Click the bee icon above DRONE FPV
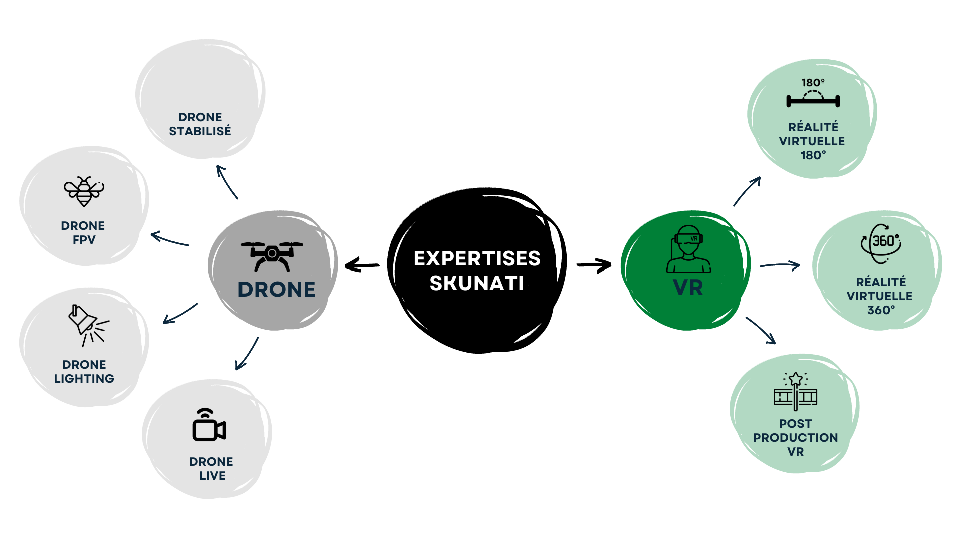[84, 191]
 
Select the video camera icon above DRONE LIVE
[209, 425]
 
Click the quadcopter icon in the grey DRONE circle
[272, 255]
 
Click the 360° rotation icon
[881, 243]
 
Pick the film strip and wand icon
[795, 392]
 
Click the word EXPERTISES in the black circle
[477, 258]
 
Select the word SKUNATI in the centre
[476, 283]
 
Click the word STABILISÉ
[200, 131]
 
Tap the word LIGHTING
[84, 379]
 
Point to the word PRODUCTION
[795, 438]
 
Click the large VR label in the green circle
[688, 288]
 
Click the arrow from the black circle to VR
[594, 265]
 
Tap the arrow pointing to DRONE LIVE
[247, 353]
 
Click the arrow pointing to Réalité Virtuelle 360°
[780, 265]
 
